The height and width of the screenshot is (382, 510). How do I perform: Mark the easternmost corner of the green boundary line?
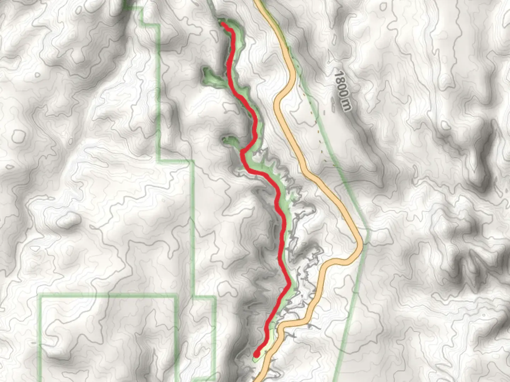click(368, 232)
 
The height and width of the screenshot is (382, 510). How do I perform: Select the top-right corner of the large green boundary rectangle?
click(176, 296)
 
